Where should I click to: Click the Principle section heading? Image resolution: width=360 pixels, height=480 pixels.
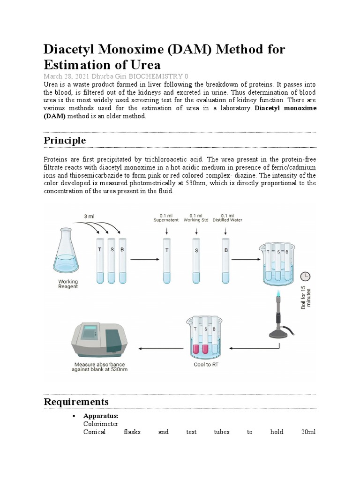pos(65,140)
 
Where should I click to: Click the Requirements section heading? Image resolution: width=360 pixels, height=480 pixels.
pos(76,402)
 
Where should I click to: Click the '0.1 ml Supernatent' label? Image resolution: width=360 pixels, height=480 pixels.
pos(166,217)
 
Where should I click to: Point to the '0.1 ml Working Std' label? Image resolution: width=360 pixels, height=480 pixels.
pos(196,217)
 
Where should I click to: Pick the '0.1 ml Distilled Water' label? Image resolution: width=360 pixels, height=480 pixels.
pos(227,217)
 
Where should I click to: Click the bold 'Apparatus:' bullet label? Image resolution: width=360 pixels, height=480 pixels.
pos(100,416)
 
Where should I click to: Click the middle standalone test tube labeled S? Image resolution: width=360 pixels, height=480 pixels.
pos(196,260)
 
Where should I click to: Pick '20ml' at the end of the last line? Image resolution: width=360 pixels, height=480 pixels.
pos(310,432)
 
